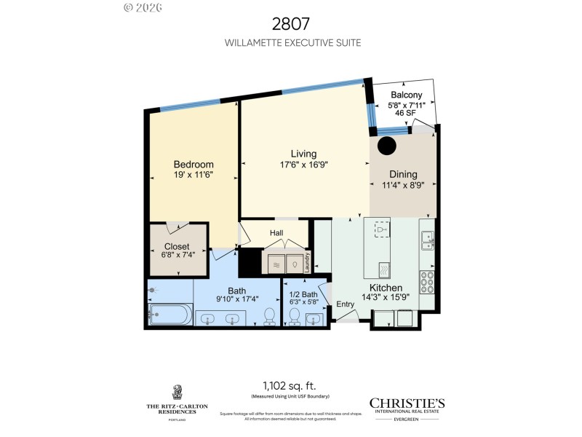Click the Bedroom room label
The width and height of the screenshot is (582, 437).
pos(193,164)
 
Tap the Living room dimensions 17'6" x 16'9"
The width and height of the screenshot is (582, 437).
pos(303,165)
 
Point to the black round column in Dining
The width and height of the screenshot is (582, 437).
pos(386,145)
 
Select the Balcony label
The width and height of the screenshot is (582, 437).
pos(406,95)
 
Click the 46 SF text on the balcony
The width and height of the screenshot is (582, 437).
pos(406,113)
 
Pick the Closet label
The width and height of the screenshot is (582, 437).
pos(177,247)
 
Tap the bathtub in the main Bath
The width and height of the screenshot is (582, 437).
pos(170,315)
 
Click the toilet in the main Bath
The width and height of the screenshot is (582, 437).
pos(268,315)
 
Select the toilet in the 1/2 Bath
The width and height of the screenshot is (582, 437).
pos(295,315)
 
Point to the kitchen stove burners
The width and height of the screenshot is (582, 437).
pos(428,280)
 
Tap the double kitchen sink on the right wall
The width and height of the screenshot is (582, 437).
pos(427,241)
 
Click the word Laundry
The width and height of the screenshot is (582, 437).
pos(308,262)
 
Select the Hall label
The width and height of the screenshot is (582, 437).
pos(276,233)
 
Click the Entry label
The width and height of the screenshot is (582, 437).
pos(345,304)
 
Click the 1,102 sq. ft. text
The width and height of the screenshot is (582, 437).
pos(290,386)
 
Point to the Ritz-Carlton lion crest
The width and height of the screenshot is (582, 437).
pos(177,392)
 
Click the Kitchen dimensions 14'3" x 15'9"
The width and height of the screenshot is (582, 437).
pos(386,296)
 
